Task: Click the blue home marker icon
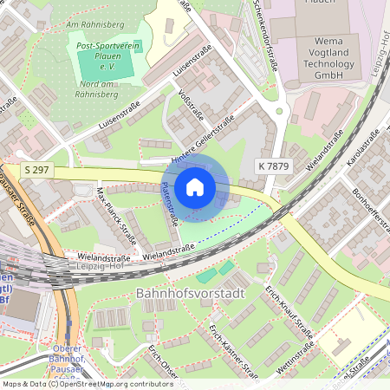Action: pyautogui.click(x=195, y=186)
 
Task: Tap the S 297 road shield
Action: pyautogui.click(x=36, y=171)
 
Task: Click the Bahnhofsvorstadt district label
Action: pyautogui.click(x=190, y=294)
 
